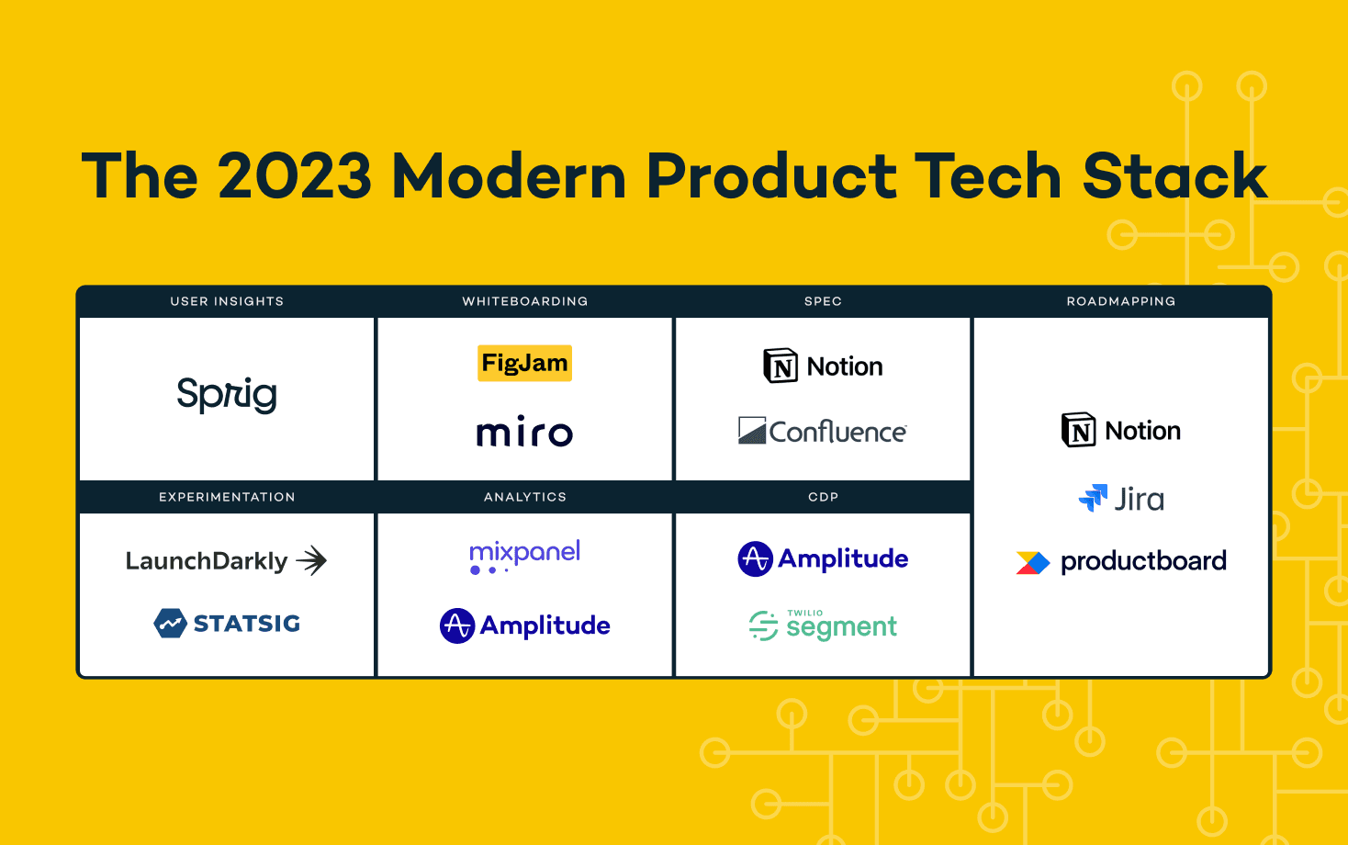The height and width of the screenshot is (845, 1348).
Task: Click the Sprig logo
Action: (227, 395)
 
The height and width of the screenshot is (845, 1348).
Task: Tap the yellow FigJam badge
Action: (524, 363)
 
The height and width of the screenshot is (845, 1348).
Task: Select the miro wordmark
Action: (524, 431)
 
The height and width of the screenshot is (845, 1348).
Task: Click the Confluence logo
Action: (823, 431)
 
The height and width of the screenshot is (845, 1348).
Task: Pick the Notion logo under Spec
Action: (823, 366)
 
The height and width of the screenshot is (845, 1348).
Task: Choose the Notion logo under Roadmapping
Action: (1120, 431)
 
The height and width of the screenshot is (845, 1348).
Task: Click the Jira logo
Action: (1121, 499)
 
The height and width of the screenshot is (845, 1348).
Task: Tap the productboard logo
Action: (1121, 561)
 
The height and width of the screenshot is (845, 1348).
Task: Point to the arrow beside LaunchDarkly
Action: (313, 560)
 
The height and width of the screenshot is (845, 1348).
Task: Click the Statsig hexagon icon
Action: (170, 623)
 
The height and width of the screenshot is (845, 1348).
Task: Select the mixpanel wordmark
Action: (524, 556)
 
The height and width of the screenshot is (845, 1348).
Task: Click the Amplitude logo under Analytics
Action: (524, 625)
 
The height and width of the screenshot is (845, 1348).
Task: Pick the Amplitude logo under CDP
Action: (823, 559)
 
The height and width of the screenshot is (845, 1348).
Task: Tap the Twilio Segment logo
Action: (823, 625)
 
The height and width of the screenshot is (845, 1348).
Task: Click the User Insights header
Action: (227, 301)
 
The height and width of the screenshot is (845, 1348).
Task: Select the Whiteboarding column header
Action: (524, 301)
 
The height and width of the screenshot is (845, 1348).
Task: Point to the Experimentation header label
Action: (227, 497)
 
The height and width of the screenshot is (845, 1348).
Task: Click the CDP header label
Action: (823, 497)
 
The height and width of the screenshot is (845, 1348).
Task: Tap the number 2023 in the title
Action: (294, 175)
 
